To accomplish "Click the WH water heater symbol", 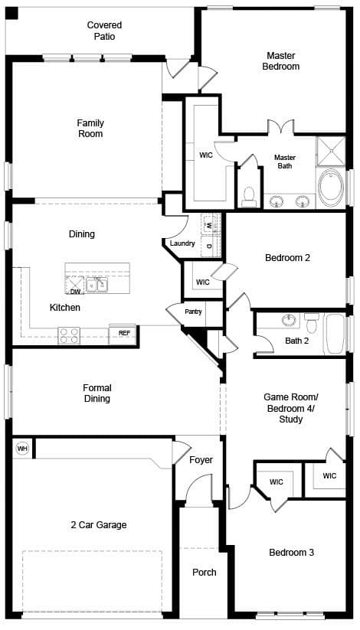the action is [22, 448].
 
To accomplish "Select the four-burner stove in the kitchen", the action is [69, 335].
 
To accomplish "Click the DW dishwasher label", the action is [75, 292].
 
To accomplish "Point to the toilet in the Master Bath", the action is [250, 197].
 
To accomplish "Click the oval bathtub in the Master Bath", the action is [331, 188].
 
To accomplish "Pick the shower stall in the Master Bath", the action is [331, 151].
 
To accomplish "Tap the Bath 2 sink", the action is [289, 320].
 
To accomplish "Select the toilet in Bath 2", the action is [312, 322].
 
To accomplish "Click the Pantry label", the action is [193, 312].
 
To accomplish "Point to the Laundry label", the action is [182, 243].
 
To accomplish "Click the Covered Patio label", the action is [105, 31].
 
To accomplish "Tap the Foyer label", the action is [201, 460].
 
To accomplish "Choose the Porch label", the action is [205, 572].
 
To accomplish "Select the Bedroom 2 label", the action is [287, 258].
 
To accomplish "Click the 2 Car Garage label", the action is [99, 525].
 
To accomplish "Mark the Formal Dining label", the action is [97, 393].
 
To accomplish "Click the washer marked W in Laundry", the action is [211, 224].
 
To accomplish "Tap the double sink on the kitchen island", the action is [97, 285].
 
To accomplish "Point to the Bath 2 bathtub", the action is [335, 335].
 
